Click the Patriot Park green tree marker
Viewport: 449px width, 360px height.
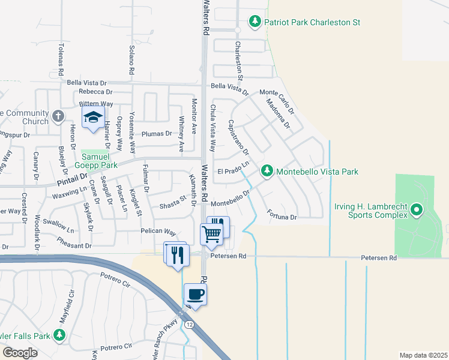[256, 22]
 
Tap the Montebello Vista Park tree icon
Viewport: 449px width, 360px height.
[267, 172]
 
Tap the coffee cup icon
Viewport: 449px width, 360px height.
[195, 295]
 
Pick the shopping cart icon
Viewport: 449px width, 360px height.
[211, 234]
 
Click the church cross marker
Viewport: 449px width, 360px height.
[58, 116]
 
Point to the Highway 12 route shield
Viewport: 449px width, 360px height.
[189, 325]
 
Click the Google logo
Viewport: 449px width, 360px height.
[20, 353]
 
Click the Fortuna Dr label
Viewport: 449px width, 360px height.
[282, 214]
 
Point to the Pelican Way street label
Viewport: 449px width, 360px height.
[158, 232]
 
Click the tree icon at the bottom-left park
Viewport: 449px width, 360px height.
[59, 335]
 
